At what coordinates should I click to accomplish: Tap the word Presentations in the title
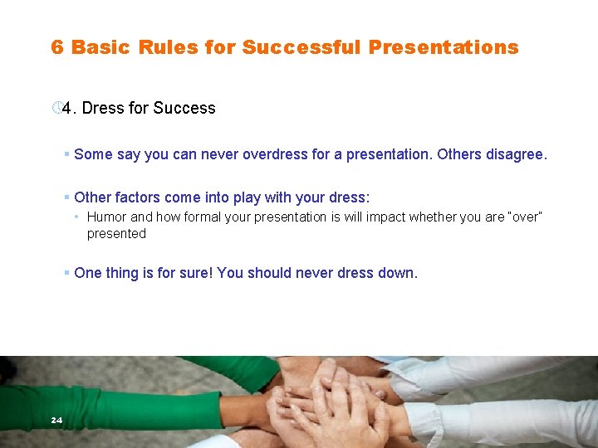[x=444, y=47]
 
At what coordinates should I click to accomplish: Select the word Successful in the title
[x=301, y=47]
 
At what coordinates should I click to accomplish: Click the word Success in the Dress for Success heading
[x=184, y=109]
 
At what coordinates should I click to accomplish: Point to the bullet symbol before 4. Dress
[x=56, y=109]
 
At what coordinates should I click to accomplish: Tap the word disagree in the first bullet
[x=516, y=154]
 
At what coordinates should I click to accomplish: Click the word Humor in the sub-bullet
[x=106, y=217]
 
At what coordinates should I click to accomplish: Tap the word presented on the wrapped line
[x=116, y=234]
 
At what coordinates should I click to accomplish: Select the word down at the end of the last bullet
[x=398, y=273]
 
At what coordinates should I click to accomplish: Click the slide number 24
[x=56, y=421]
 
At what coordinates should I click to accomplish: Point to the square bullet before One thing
[x=66, y=273]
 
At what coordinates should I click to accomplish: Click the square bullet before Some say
[x=66, y=154]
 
